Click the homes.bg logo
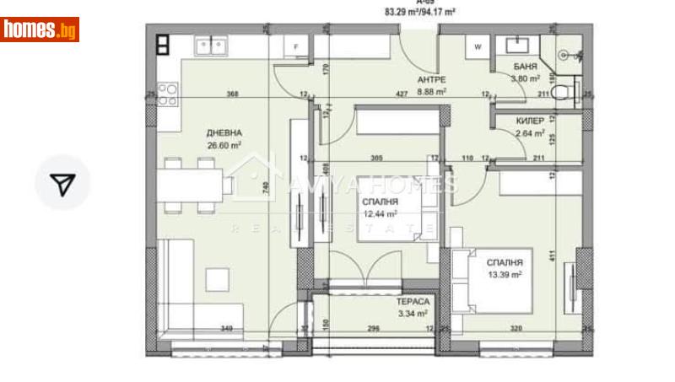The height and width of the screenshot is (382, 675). click(x=40, y=30)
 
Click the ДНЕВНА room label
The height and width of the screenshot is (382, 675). click(x=225, y=132)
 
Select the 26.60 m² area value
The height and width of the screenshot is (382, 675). click(x=225, y=144)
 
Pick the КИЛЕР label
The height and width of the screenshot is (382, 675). click(x=530, y=121)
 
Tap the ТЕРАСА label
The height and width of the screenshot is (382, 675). click(x=413, y=303)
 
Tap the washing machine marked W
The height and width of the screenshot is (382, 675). click(x=478, y=47)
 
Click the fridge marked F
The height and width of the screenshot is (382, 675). click(x=295, y=47)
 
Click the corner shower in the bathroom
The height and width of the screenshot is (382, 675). click(x=567, y=53)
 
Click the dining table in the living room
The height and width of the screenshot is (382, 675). click(x=195, y=183)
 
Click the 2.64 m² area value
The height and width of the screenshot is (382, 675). click(x=530, y=132)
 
